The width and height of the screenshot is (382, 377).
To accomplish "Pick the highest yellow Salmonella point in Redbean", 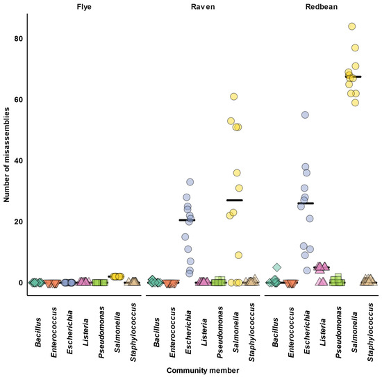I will (x=352, y=26).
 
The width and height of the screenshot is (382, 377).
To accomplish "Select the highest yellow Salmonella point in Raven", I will (x=234, y=97).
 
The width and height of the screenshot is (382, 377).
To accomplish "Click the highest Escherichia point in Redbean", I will (x=305, y=115).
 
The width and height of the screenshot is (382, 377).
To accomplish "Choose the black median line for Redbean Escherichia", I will (x=306, y=203).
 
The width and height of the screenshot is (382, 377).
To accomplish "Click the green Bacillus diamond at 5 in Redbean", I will (x=276, y=267).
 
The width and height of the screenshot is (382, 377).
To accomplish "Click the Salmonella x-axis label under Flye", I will (x=119, y=323).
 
